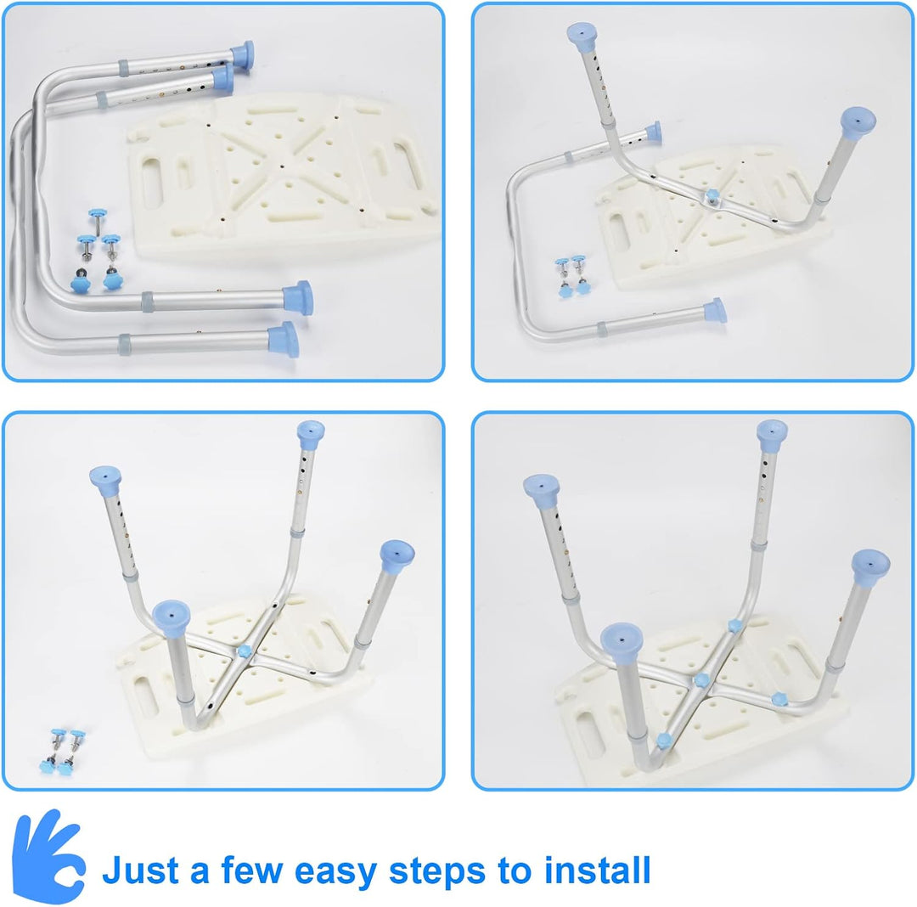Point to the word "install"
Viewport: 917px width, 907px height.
(x=597, y=870)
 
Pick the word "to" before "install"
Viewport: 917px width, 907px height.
(x=515, y=871)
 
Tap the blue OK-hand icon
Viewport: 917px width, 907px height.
(x=48, y=856)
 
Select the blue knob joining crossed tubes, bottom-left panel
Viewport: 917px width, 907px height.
(x=245, y=651)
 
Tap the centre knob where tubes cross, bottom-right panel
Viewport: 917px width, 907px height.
(x=700, y=680)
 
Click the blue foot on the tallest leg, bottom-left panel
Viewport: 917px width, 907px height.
(x=311, y=434)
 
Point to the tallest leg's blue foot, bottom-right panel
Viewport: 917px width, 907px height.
(x=772, y=434)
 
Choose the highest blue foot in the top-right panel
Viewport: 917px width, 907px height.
(x=582, y=37)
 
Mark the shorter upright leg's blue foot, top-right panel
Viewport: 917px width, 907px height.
(x=858, y=123)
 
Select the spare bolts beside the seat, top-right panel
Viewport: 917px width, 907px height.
(x=571, y=276)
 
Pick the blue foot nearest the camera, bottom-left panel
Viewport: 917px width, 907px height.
(x=171, y=619)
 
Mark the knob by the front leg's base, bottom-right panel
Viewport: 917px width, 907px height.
(x=664, y=741)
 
